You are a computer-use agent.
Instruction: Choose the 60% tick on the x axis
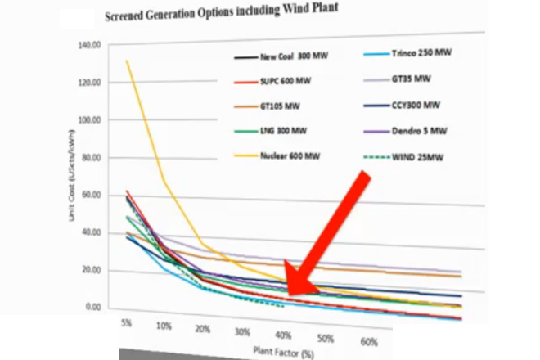367,342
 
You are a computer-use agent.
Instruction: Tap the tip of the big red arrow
286,293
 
